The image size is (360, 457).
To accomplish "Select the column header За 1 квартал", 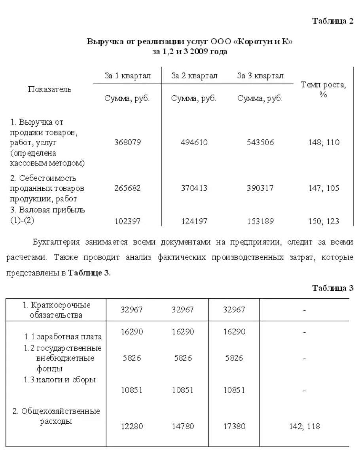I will [x=127, y=76].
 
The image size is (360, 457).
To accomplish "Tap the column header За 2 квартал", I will [x=194, y=76].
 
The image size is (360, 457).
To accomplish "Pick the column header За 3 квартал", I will [x=260, y=76].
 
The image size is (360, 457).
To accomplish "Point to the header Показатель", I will [x=49, y=89].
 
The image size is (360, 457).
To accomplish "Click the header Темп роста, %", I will [x=323, y=90].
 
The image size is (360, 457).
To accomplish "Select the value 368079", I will [x=127, y=142].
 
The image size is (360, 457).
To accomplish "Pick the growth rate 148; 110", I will [x=324, y=142].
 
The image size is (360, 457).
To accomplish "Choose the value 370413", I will [x=194, y=188].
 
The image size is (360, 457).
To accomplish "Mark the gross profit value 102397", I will [x=127, y=221].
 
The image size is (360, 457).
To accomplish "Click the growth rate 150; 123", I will [x=324, y=221].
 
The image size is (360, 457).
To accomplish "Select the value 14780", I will [x=183, y=427].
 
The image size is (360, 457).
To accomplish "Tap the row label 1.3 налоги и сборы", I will [x=60, y=380].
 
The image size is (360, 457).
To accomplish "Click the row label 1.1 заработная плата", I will [x=63, y=337].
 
